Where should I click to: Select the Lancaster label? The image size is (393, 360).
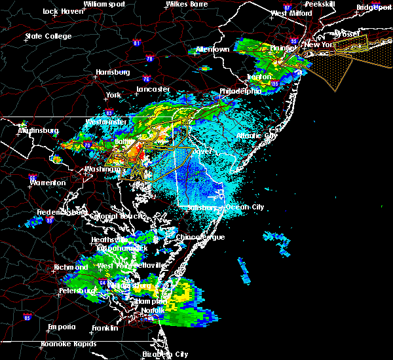pyautogui.click(x=153, y=89)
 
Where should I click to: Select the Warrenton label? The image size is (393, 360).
pyautogui.click(x=46, y=183)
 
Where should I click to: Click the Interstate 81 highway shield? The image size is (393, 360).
pyautogui.click(x=137, y=43)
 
